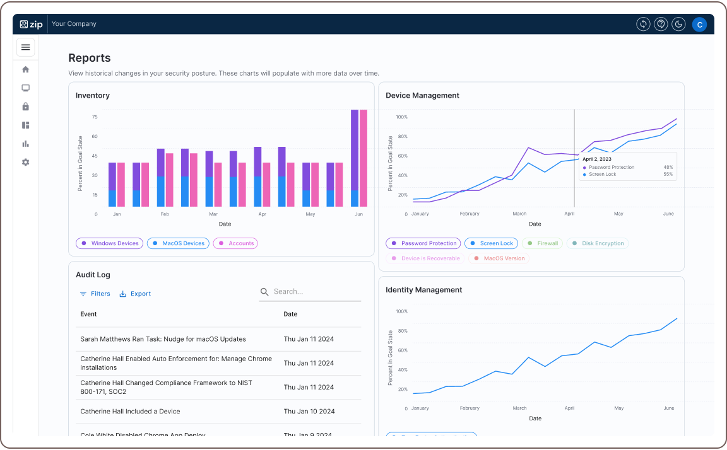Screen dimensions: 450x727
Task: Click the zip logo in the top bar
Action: (x=31, y=24)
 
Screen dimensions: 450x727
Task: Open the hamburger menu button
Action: (x=25, y=47)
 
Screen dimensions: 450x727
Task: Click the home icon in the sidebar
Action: (x=25, y=69)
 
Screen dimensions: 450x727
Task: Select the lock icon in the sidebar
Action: (x=25, y=107)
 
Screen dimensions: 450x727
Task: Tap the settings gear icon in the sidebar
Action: (x=25, y=162)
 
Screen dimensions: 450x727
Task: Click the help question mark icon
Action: (x=661, y=24)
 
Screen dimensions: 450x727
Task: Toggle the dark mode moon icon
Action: (x=678, y=24)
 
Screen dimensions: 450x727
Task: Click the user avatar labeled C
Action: (x=699, y=24)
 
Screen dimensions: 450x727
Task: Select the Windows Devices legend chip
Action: (x=109, y=243)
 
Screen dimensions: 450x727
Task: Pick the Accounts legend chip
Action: (x=235, y=243)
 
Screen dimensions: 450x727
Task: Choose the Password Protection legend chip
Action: (x=423, y=243)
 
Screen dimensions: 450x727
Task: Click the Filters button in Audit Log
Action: (x=95, y=294)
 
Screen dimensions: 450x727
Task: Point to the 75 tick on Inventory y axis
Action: (x=95, y=117)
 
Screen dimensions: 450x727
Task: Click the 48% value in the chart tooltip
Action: (x=668, y=168)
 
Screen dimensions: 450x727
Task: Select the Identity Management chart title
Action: (x=423, y=290)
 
